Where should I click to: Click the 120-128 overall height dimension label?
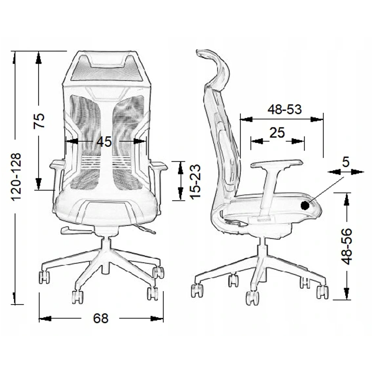coord(17,177)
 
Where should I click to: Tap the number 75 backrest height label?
coord(39,121)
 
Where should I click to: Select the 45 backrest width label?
coord(104,142)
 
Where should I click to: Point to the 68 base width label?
coord(101,318)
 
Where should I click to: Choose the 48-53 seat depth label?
coord(285,109)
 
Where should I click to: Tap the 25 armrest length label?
coord(277,132)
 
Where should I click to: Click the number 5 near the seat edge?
coord(346,162)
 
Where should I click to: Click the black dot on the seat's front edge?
coord(305,206)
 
